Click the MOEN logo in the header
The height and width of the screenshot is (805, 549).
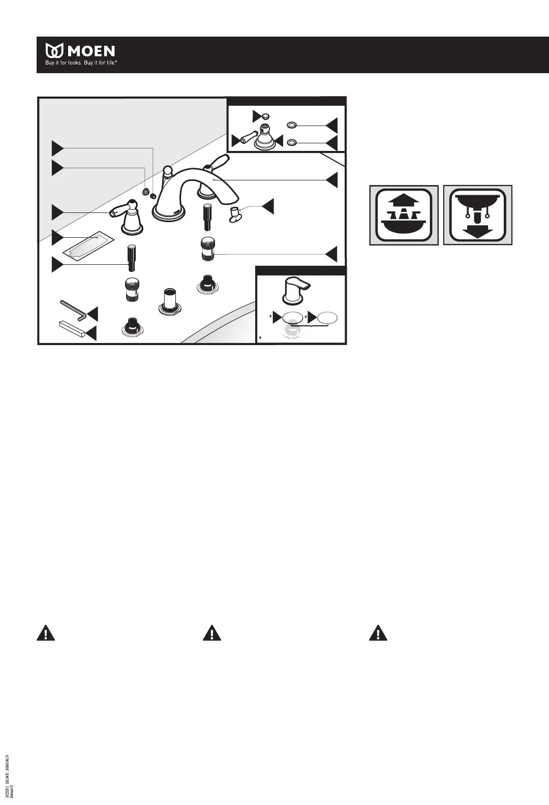tap(81, 51)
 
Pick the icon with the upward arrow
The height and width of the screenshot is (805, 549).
tap(404, 215)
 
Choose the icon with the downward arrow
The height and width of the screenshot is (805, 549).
tap(477, 215)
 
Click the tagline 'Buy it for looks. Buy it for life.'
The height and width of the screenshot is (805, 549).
tap(81, 64)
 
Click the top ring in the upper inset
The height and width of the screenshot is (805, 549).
tap(292, 125)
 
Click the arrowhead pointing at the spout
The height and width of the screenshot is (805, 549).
tap(332, 179)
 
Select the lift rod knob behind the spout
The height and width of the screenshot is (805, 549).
tap(166, 170)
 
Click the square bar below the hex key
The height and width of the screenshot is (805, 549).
tap(73, 329)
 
